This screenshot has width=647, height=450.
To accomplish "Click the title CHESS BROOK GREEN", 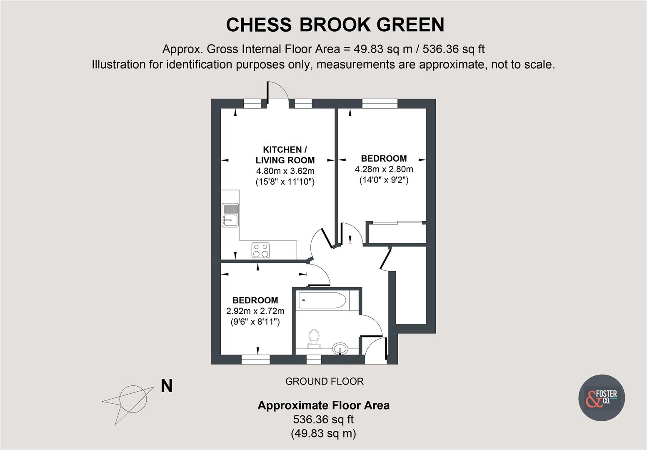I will tap(335, 25).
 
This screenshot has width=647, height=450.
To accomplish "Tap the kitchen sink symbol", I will tap(230, 215).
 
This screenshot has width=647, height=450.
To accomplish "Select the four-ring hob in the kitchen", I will tap(261, 250).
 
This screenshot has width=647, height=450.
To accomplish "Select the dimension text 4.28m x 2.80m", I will tap(384, 169).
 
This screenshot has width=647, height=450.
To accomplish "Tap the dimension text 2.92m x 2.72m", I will tap(255, 311).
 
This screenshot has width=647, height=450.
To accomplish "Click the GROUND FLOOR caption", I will tap(324, 381).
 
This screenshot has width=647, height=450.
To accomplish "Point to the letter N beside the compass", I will tap(167, 386).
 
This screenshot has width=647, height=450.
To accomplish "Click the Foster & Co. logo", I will tap(601, 397).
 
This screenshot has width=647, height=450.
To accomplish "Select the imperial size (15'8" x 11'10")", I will tap(285, 182).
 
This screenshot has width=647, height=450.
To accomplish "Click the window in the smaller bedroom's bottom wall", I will tap(255, 359).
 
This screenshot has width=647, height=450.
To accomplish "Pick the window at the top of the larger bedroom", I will tap(380, 103).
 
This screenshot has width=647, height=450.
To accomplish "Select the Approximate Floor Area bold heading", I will tap(323, 405).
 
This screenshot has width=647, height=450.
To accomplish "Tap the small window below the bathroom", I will tap(314, 359).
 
